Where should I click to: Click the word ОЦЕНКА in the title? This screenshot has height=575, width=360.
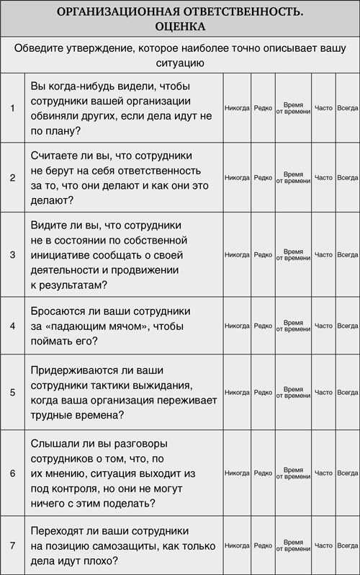click(x=180, y=26)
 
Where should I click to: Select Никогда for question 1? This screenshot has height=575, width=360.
click(x=237, y=108)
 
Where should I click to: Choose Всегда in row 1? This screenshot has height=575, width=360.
click(x=347, y=108)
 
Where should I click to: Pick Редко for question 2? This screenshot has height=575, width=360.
click(x=263, y=177)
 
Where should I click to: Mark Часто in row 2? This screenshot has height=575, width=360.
click(x=323, y=177)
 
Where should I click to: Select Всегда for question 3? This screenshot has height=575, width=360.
click(x=347, y=254)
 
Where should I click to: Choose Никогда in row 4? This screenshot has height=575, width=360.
click(x=237, y=326)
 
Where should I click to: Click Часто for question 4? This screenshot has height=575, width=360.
click(x=323, y=326)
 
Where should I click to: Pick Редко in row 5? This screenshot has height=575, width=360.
click(x=263, y=392)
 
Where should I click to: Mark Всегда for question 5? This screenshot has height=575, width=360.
click(x=347, y=392)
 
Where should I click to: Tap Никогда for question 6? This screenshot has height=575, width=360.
click(x=237, y=473)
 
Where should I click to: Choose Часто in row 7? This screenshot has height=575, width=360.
click(x=323, y=546)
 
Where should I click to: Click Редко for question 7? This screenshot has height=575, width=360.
click(x=263, y=546)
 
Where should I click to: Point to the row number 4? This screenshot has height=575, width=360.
click(x=12, y=326)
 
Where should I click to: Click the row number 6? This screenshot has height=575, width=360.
click(x=12, y=473)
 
